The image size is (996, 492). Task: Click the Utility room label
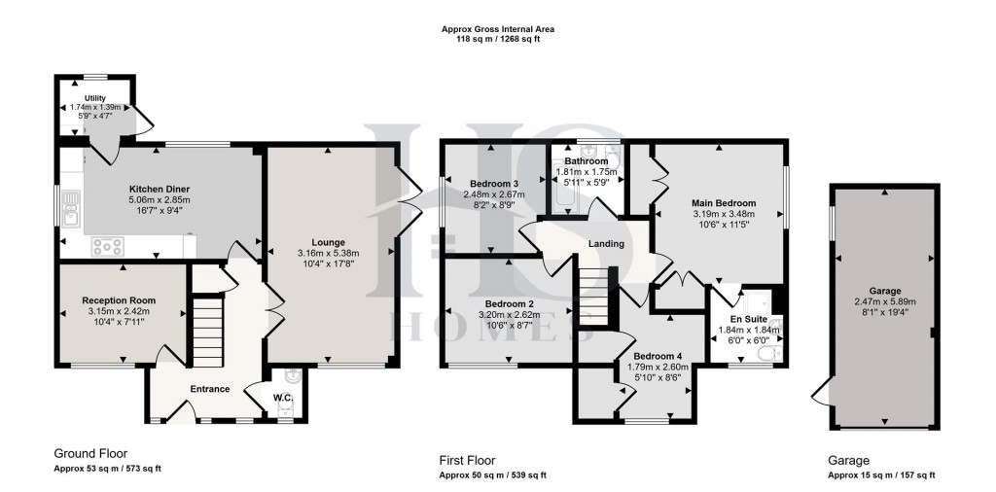pyautogui.click(x=95, y=98)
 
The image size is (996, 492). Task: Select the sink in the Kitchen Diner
pyautogui.click(x=69, y=206)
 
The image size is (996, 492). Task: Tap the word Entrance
pyautogui.click(x=210, y=389)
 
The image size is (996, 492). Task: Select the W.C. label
pyautogui.click(x=283, y=397)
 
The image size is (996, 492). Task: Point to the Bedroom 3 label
pyautogui.click(x=494, y=184)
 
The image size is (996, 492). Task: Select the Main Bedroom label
pyautogui.click(x=724, y=203)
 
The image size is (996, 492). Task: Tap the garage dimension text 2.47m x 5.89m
pyautogui.click(x=884, y=301)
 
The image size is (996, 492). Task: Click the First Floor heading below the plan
pyautogui.click(x=468, y=460)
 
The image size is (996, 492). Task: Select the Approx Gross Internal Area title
pyautogui.click(x=497, y=29)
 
